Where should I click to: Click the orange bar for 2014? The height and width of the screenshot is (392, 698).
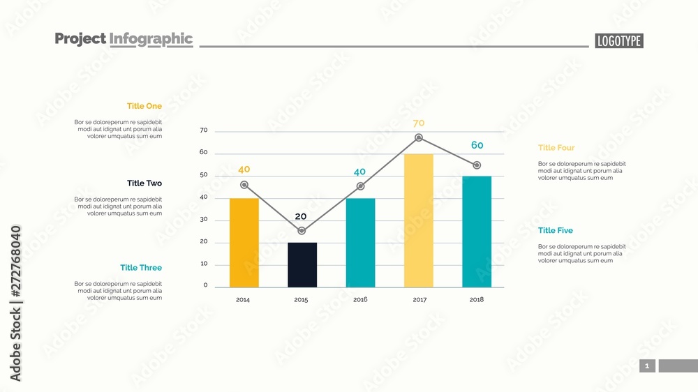tap(244, 243)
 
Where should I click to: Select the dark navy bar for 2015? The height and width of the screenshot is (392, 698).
tap(302, 264)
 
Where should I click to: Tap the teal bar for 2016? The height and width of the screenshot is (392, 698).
tap(360, 243)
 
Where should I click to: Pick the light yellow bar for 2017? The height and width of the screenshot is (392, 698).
tap(418, 220)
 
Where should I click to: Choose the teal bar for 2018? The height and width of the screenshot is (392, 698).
tap(477, 232)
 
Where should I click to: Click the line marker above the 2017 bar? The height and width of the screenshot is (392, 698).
tap(419, 137)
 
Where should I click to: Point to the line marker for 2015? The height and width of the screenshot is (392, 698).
tap(302, 231)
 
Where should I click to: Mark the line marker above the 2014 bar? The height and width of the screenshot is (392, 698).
tap(244, 185)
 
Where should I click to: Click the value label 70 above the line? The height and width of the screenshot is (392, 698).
tap(419, 123)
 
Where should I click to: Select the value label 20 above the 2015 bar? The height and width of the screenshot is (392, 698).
tap(301, 216)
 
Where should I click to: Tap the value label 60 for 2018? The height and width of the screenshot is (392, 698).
tap(477, 145)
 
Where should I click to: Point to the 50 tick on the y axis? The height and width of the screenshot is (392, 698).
tap(203, 175)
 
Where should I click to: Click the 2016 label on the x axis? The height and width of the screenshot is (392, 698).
tap(360, 300)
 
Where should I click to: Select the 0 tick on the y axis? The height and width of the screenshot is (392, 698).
tap(205, 285)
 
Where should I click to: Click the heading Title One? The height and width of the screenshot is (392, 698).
tap(144, 106)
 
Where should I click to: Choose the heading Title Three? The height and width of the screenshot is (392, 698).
tap(141, 268)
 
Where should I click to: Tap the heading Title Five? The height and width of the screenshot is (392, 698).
tap(556, 231)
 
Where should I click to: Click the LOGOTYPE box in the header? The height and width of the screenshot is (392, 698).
tap(619, 41)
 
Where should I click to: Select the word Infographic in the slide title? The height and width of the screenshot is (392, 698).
tap(151, 39)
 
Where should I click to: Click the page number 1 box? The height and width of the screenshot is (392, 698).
tap(647, 366)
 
